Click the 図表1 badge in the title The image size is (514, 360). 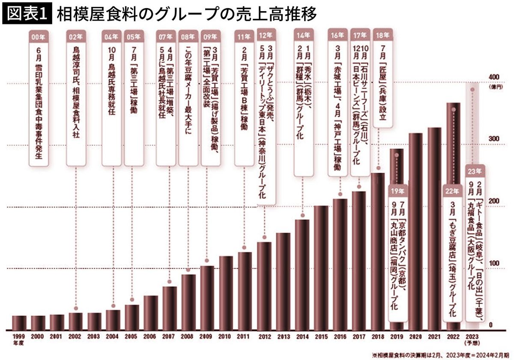[x=27, y=14]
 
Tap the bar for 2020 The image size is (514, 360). [x=415, y=231]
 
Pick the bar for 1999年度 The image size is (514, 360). [x=19, y=323]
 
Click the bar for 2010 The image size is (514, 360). [x=226, y=293]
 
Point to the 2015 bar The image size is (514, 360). [x=321, y=268]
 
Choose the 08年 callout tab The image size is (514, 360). [x=188, y=36]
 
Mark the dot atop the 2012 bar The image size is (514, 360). [x=264, y=237]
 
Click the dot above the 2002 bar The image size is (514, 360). [x=75, y=307]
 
